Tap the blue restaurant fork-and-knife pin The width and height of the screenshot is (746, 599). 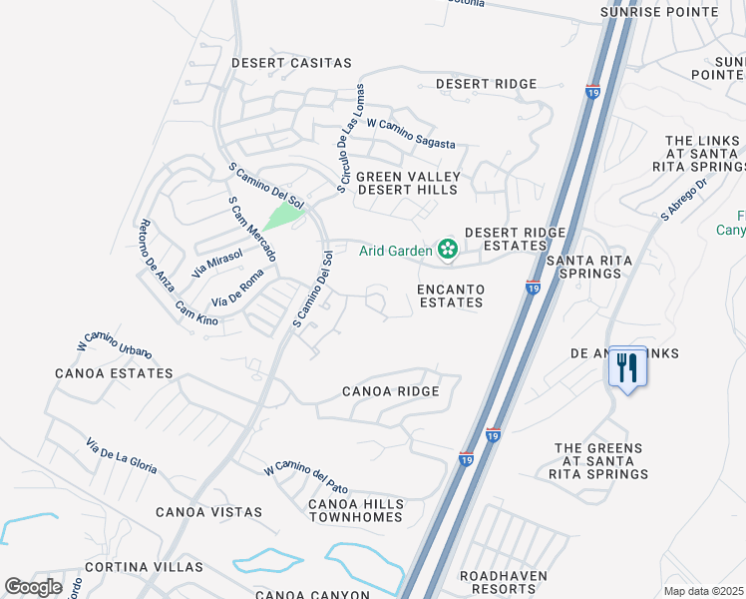[627, 367]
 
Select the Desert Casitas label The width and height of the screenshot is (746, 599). [291, 63]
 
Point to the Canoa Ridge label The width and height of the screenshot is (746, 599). [390, 391]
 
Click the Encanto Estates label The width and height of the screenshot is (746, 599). [451, 296]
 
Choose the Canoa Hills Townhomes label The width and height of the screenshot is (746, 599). [355, 510]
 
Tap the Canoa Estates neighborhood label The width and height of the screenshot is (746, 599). [115, 373]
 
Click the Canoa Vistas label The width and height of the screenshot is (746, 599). [208, 512]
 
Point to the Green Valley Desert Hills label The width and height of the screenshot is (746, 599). [402, 183]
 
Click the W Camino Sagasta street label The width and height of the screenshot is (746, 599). [411, 135]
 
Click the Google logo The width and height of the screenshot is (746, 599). [33, 587]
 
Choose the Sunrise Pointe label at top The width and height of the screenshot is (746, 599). [659, 12]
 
